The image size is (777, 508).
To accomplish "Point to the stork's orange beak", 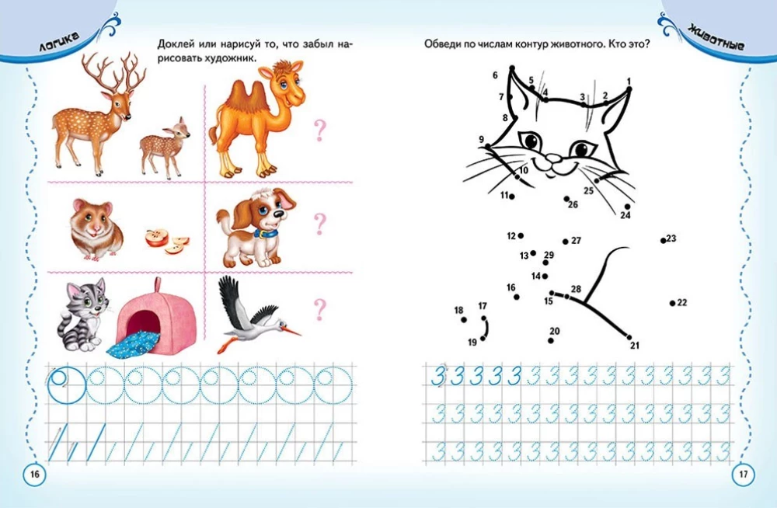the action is (x=292, y=329).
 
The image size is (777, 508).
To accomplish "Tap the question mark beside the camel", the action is (x=320, y=130).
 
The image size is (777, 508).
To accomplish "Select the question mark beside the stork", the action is (x=320, y=309).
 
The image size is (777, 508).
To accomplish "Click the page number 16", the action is (x=35, y=475).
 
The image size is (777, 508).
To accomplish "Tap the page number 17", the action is (x=744, y=475).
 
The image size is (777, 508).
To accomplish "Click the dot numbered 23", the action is (x=663, y=241).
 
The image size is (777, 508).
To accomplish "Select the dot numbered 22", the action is (x=672, y=303).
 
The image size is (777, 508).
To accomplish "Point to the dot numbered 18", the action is (x=464, y=320).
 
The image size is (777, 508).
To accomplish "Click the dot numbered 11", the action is (x=512, y=197).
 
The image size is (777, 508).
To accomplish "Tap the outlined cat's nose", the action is (x=552, y=158).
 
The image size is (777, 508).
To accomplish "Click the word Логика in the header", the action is (x=60, y=43).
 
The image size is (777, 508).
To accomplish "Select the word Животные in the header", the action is (x=716, y=39).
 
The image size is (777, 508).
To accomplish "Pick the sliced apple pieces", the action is (x=167, y=241).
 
